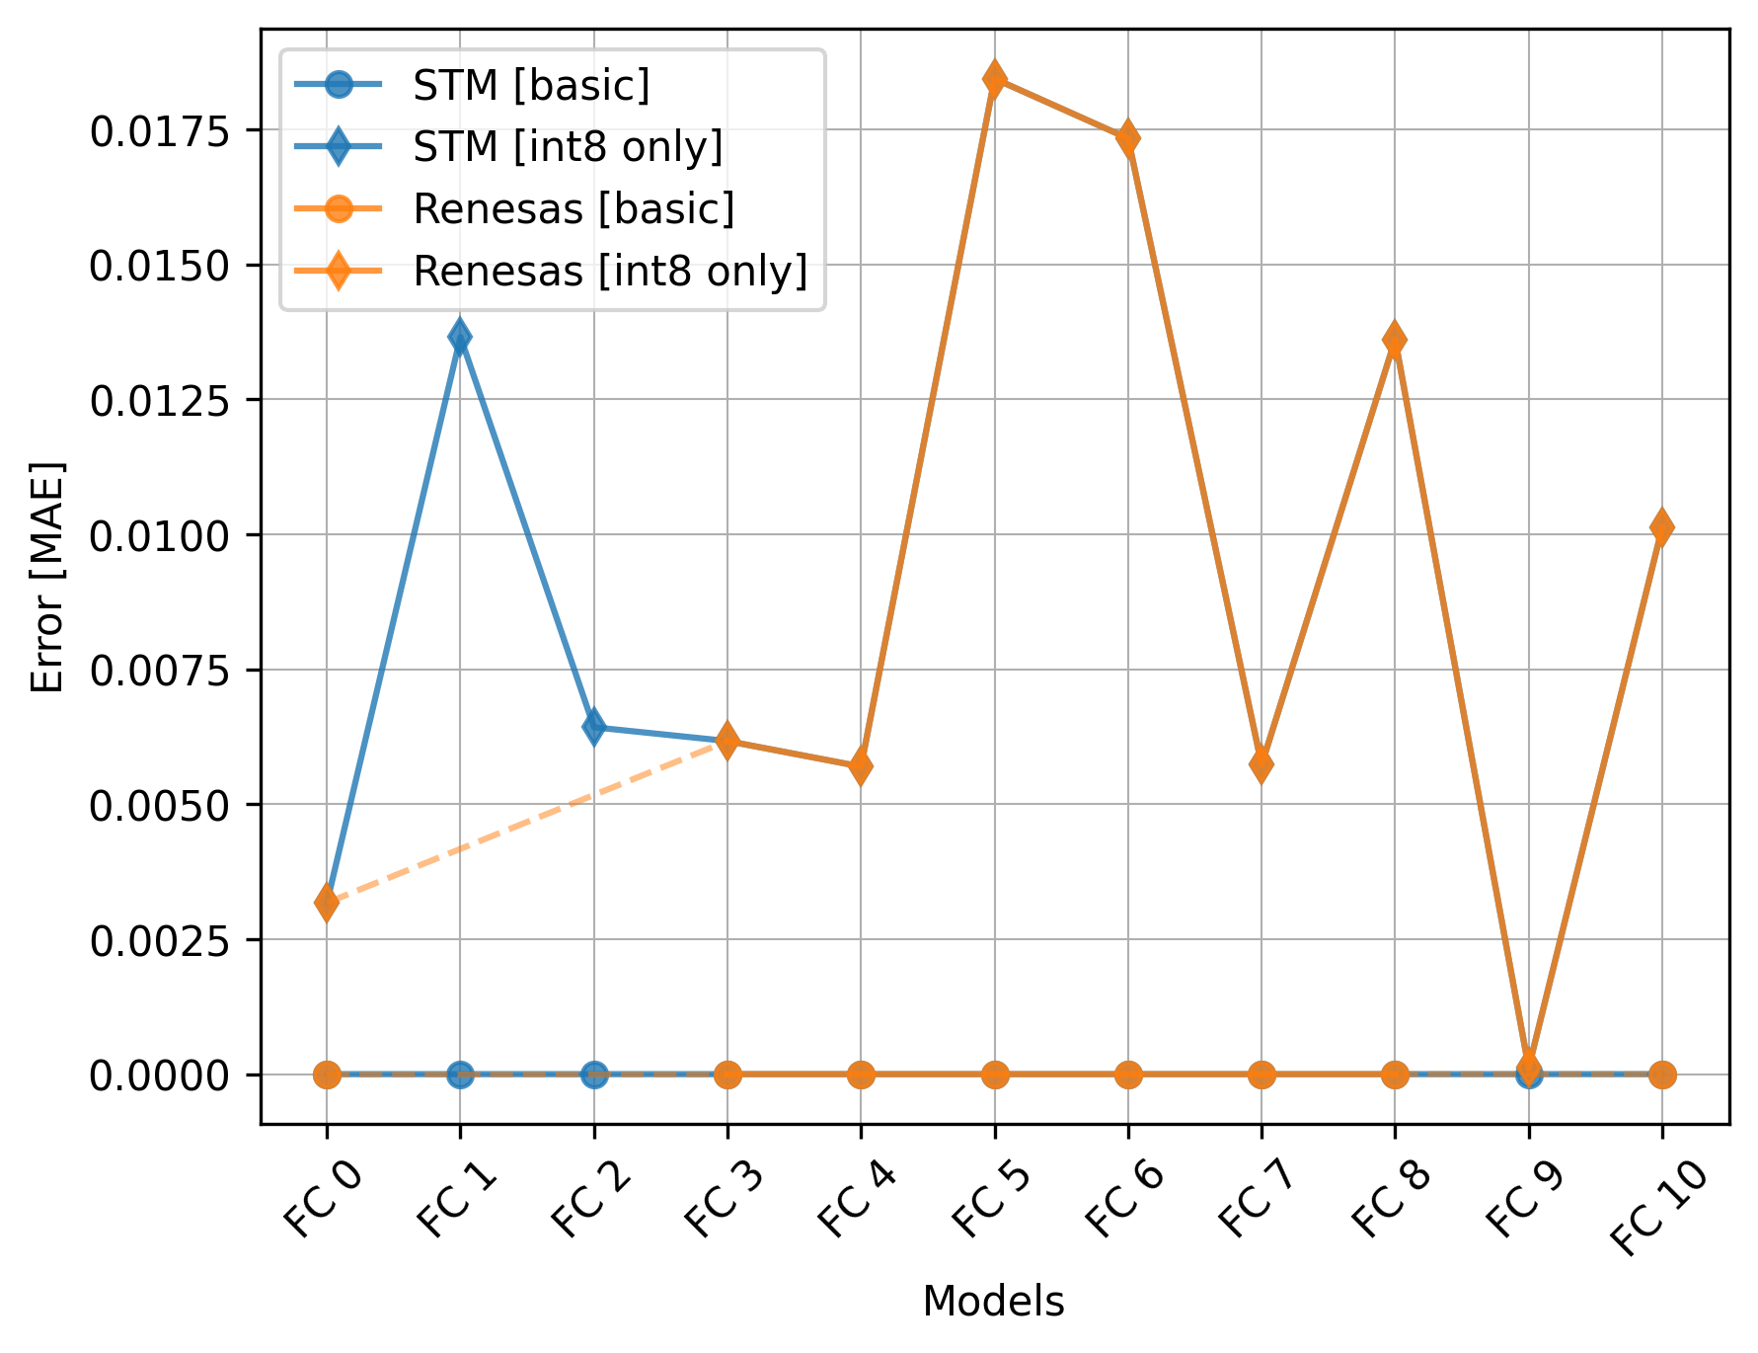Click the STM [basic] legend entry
coord(531,86)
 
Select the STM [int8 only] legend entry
coord(568,147)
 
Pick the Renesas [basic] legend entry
coord(573,209)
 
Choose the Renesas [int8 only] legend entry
coord(610,271)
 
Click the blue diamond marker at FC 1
coord(460,337)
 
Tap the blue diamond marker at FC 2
coord(593,727)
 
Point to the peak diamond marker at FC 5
coord(994,78)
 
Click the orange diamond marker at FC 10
coord(1661,527)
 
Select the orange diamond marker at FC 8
coord(1395,341)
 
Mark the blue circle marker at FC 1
coord(460,1074)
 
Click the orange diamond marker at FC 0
coord(327,903)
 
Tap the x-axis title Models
coord(993,1302)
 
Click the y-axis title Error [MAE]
coord(47,577)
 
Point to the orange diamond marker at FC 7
coord(1261,763)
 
